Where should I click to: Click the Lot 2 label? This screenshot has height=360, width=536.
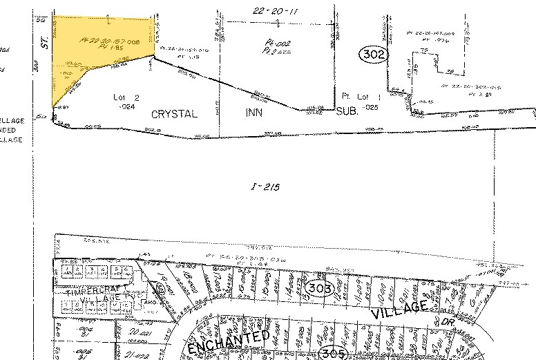(126, 99)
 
